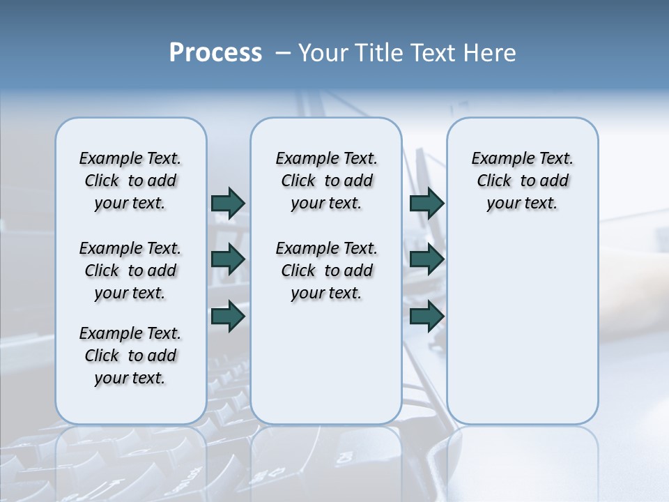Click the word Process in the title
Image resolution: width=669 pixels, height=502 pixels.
pos(215,53)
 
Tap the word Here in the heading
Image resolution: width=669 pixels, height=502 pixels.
pos(488,53)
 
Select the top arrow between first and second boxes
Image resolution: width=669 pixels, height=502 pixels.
pos(228,203)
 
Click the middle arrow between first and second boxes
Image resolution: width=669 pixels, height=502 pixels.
pos(228,259)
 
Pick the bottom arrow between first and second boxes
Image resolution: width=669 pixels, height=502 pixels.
pos(228,316)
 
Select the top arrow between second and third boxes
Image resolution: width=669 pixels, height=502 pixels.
pos(426,203)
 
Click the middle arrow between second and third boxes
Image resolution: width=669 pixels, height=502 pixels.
pos(426,259)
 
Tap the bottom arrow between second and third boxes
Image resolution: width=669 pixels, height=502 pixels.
pos(426,316)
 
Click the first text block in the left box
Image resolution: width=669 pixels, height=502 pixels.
pos(130,181)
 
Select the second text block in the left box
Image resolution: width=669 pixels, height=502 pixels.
pos(130,271)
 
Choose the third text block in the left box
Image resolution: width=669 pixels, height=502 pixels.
pos(130,356)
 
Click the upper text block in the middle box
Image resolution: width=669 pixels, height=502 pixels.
pos(326,181)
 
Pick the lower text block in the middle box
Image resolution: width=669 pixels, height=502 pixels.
pos(326,271)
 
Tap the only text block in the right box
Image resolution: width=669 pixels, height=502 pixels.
pos(522,181)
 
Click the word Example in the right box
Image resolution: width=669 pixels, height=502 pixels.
pos(499,159)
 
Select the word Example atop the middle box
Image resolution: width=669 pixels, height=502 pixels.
pos(303,159)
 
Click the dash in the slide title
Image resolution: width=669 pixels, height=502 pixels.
pos(283,53)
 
